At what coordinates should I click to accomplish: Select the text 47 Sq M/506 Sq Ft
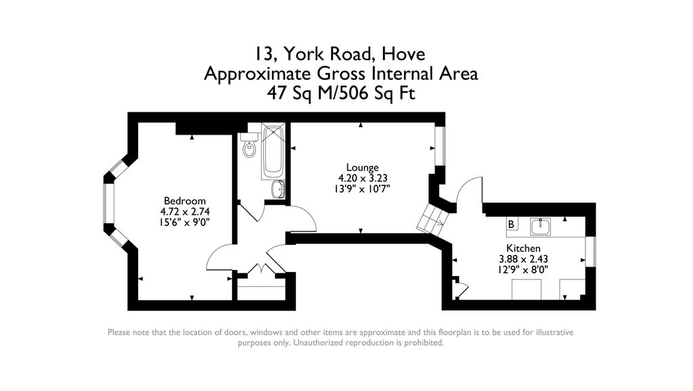click(341, 93)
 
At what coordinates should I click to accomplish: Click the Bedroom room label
click(184, 201)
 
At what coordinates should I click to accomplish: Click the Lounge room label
click(362, 168)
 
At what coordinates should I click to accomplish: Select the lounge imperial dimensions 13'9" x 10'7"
click(362, 189)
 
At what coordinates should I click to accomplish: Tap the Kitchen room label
click(523, 248)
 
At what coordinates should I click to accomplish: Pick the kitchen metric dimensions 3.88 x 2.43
click(523, 259)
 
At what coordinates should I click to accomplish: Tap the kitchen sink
click(539, 225)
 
